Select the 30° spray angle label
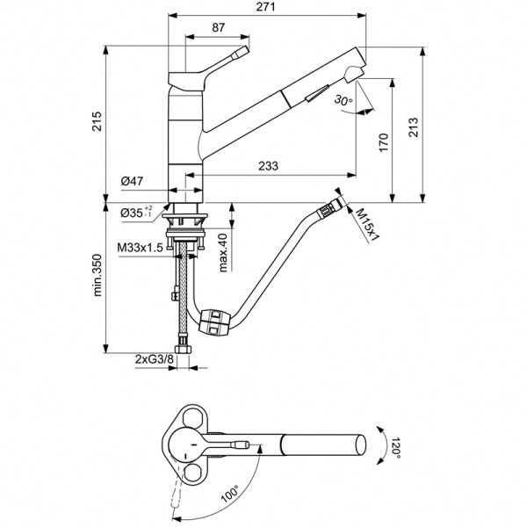[x=343, y=101]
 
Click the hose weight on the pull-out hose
[x=216, y=321]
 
